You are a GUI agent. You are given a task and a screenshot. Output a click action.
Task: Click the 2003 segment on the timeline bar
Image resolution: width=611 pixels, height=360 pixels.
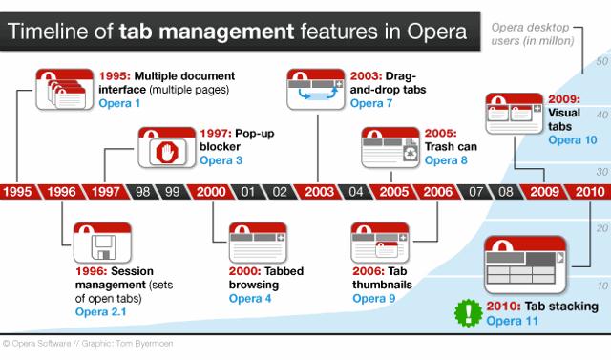pyautogui.click(x=319, y=192)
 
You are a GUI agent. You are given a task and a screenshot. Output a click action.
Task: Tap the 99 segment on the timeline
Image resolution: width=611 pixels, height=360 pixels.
pyautogui.click(x=172, y=192)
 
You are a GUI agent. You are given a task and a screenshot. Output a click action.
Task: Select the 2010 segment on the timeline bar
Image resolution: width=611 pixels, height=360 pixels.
pyautogui.click(x=589, y=192)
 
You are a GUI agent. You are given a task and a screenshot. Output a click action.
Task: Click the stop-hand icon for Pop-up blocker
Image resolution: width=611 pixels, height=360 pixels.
pyautogui.click(x=167, y=153)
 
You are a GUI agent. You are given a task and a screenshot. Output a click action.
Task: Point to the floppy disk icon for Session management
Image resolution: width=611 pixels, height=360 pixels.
pyautogui.click(x=104, y=247)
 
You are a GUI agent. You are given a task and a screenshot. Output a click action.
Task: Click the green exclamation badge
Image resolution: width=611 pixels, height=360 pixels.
pyautogui.click(x=469, y=313)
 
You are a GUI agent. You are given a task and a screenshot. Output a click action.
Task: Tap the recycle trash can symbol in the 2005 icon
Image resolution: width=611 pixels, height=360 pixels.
pyautogui.click(x=411, y=153)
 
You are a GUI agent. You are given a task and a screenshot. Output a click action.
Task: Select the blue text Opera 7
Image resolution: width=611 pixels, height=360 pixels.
pyautogui.click(x=371, y=103)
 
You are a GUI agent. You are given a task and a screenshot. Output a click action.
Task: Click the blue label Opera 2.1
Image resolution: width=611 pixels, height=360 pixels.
pyautogui.click(x=100, y=311)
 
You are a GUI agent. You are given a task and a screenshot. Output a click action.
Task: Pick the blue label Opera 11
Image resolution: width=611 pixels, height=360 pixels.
pyautogui.click(x=512, y=321)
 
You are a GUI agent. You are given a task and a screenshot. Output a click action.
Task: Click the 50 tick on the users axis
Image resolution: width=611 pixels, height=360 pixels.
pyautogui.click(x=601, y=61)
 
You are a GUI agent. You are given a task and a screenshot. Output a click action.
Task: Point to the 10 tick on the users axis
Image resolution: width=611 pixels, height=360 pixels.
pyautogui.click(x=602, y=286)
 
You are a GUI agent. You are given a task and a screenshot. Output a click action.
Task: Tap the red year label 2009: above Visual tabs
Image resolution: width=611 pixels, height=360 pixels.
pyautogui.click(x=564, y=99)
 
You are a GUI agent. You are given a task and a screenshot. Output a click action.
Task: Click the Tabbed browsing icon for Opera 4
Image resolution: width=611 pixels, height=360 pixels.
pyautogui.click(x=258, y=243)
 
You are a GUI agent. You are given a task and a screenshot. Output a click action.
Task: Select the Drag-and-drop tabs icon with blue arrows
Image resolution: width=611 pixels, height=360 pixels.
pyautogui.click(x=316, y=89)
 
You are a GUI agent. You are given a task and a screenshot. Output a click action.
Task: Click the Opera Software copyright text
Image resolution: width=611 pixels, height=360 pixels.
pyautogui.click(x=88, y=343)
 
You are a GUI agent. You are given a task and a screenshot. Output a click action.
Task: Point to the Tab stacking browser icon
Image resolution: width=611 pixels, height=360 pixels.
pyautogui.click(x=524, y=265)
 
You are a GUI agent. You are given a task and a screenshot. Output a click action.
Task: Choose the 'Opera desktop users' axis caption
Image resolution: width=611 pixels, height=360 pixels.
pyautogui.click(x=533, y=33)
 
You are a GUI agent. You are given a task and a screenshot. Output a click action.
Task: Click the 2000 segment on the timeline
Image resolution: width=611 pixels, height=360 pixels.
pyautogui.click(x=210, y=192)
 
